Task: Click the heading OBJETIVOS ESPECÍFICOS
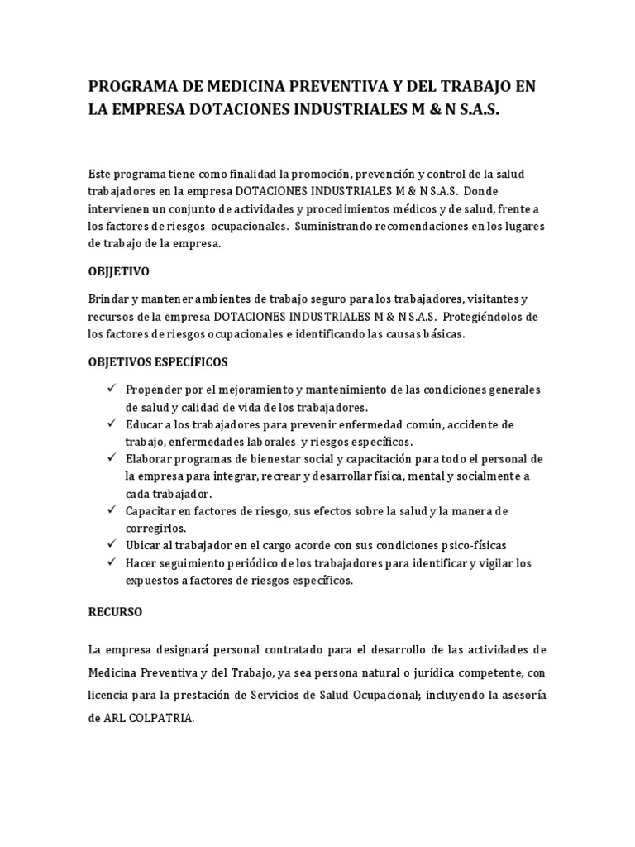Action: tap(158, 362)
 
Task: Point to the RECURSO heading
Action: tap(115, 612)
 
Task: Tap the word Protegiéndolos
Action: tap(490, 316)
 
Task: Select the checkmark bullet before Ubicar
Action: tap(111, 545)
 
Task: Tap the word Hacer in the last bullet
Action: tap(142, 563)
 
